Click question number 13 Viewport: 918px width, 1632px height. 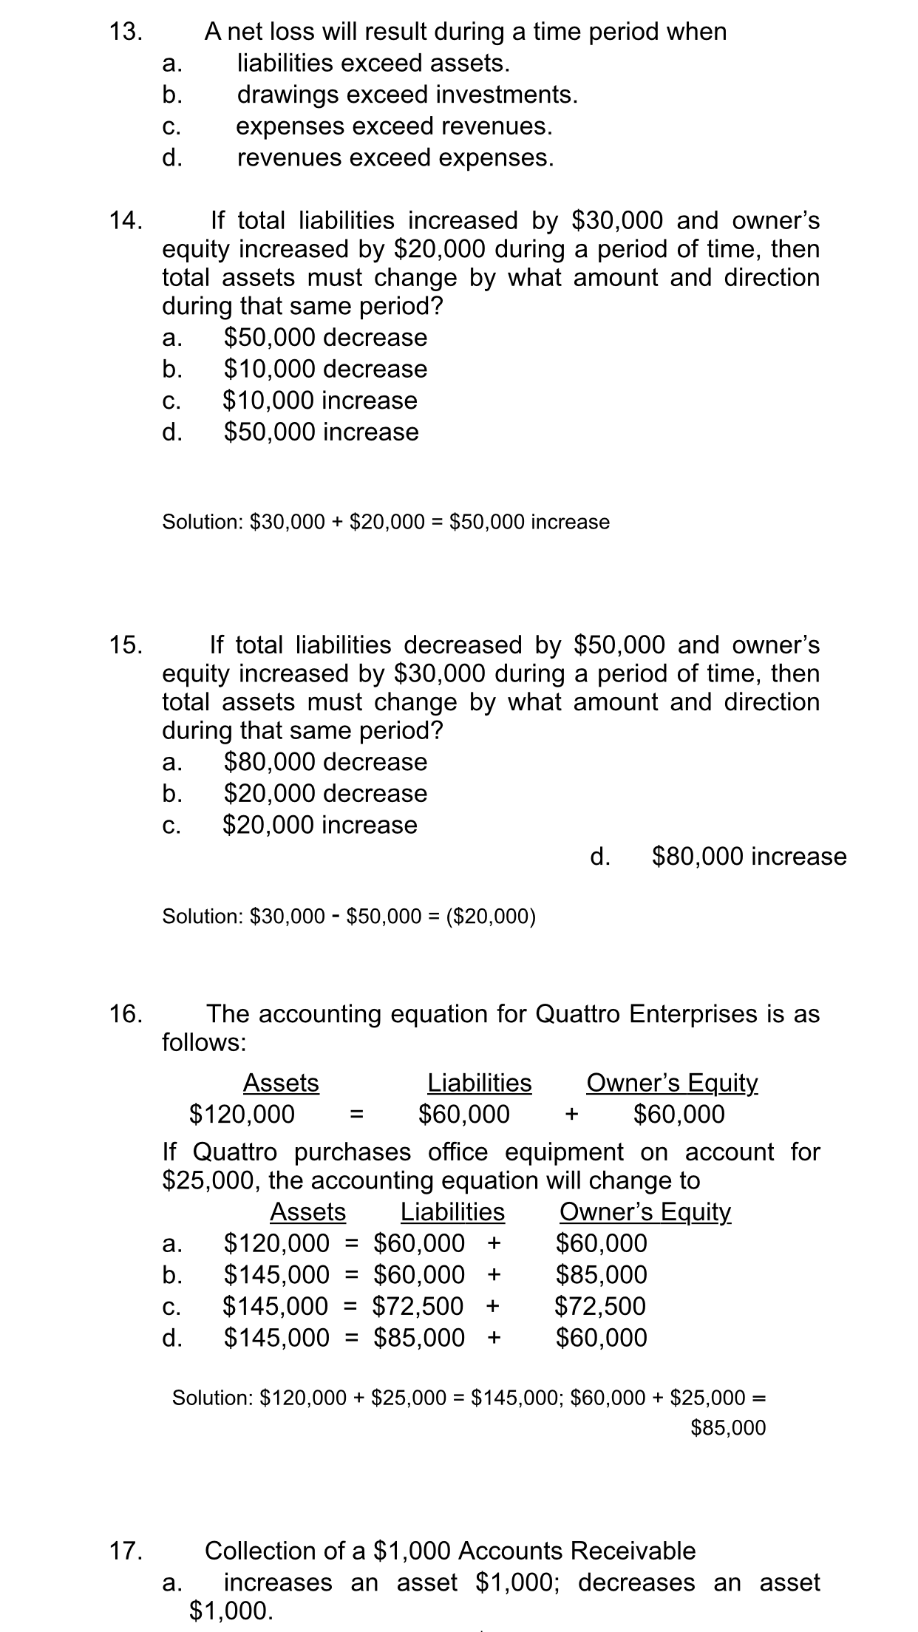126,32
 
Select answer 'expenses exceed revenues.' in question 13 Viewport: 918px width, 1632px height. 394,126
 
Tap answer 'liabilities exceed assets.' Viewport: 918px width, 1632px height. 373,64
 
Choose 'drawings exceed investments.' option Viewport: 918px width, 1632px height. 407,95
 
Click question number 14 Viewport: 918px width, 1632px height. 126,220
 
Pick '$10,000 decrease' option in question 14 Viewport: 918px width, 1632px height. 325,369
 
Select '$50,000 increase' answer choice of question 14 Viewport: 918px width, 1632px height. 321,432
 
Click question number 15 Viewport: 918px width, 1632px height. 126,645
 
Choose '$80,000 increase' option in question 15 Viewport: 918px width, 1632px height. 749,857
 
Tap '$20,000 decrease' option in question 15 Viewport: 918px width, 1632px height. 325,794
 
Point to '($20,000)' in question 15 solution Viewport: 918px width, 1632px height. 492,917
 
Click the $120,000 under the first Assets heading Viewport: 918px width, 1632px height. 242,1114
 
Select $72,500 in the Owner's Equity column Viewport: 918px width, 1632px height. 600,1306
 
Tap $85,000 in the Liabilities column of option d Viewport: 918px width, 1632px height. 419,1337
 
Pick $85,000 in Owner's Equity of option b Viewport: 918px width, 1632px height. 601,1274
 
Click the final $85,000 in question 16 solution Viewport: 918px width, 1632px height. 728,1427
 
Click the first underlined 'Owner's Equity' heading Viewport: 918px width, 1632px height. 671,1083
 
